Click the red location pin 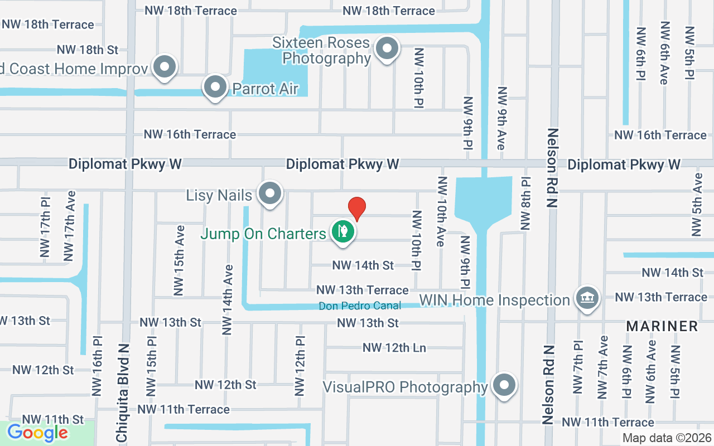[x=356, y=209]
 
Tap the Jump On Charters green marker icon [x=343, y=231]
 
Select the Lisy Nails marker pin [x=271, y=194]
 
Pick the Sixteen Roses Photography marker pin [x=387, y=49]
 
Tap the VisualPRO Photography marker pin [x=504, y=385]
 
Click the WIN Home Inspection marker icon [x=587, y=298]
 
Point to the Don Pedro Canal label [x=360, y=306]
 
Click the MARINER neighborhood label [x=662, y=326]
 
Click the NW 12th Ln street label [x=394, y=348]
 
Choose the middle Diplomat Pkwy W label [x=342, y=164]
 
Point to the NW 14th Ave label [x=228, y=299]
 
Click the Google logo [x=37, y=433]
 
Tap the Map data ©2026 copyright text [x=667, y=438]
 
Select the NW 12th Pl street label [x=300, y=365]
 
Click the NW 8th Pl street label [x=525, y=203]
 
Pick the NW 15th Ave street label [x=178, y=260]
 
